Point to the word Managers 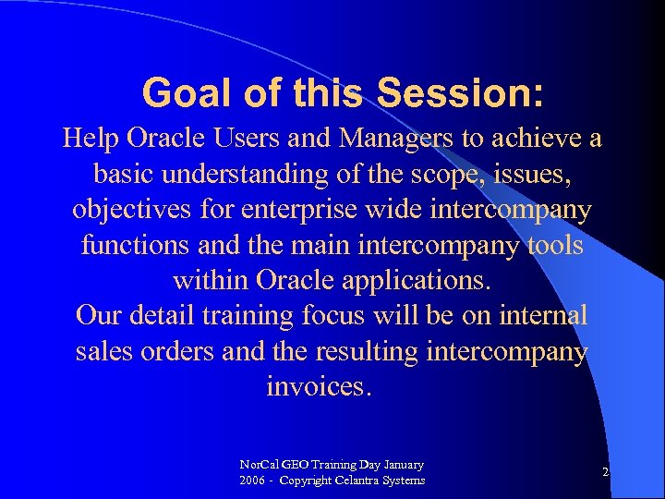(396, 140)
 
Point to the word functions (135, 246)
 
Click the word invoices (317, 386)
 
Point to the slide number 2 (605, 472)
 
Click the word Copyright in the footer (309, 481)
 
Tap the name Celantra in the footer (368, 481)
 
